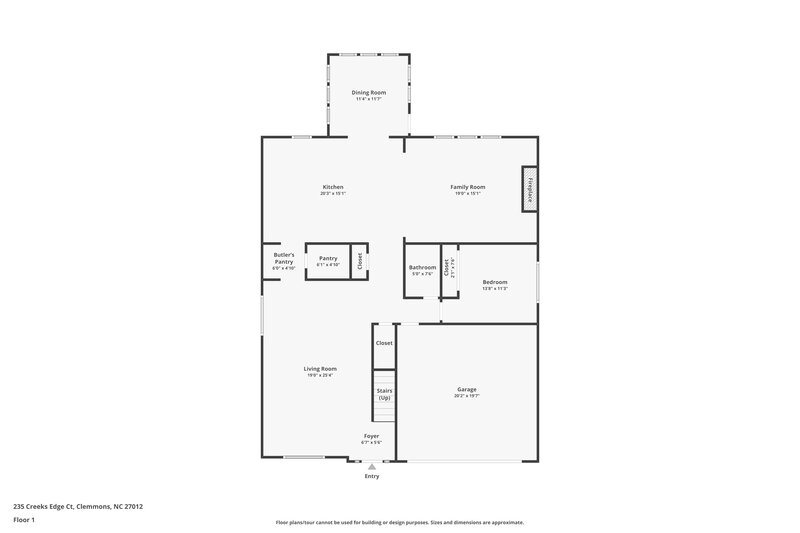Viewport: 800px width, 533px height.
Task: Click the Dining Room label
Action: click(368, 93)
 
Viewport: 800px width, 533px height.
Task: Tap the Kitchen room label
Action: click(333, 187)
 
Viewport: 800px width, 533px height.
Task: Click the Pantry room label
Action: click(328, 258)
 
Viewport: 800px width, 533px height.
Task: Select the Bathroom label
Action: click(422, 267)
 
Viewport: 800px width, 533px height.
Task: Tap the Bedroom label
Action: click(495, 282)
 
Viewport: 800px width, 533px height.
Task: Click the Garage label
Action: click(467, 389)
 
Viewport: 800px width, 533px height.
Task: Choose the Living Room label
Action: click(320, 369)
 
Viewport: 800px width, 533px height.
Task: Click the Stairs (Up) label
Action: click(384, 394)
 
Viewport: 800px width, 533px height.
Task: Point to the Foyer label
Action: click(371, 436)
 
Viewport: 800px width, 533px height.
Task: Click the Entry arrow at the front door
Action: click(372, 465)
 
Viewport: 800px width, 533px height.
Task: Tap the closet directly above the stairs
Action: click(384, 343)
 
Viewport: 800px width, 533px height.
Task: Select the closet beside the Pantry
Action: click(360, 261)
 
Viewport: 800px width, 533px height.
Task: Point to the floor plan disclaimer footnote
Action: click(399, 522)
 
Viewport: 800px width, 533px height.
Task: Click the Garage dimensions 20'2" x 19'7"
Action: click(467, 395)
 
